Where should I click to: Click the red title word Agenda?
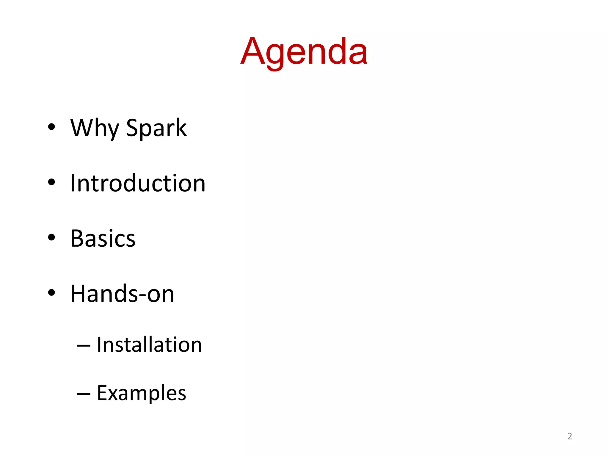click(x=304, y=52)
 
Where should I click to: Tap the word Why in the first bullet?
click(x=95, y=128)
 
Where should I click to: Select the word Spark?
click(x=156, y=128)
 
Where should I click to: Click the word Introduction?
click(x=138, y=183)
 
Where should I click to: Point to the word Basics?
click(x=103, y=238)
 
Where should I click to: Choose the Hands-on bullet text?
click(x=122, y=294)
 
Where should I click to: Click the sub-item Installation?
click(x=149, y=345)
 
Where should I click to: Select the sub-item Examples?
click(x=142, y=393)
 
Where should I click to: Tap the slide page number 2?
click(x=569, y=436)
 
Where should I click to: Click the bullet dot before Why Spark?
click(x=51, y=127)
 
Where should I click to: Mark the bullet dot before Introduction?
click(x=51, y=182)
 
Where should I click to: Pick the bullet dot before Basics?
click(x=51, y=237)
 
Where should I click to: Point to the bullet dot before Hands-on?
click(x=51, y=293)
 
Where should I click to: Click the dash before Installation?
click(x=84, y=346)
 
